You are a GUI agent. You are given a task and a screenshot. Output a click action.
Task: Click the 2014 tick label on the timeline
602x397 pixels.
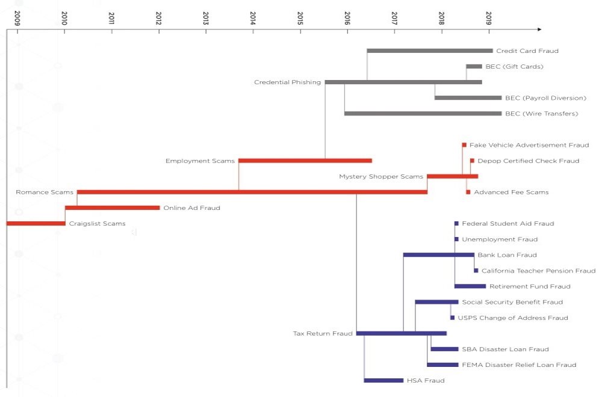pos(253,18)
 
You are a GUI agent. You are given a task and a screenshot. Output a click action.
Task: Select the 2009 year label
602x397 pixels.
pos(17,18)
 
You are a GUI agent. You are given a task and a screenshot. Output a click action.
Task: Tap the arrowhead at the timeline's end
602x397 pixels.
pos(539,29)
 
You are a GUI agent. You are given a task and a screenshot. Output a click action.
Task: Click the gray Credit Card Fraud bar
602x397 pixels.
pos(429,51)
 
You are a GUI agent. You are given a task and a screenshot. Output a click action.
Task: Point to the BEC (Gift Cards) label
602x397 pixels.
pos(514,67)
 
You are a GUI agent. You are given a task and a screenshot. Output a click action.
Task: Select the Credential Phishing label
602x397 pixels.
pos(287,82)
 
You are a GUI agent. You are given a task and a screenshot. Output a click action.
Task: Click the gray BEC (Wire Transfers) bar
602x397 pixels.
pos(423,114)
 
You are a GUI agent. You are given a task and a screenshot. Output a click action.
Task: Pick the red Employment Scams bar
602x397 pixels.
pos(305,161)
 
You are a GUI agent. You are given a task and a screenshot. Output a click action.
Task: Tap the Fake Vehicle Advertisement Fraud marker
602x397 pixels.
pos(464,145)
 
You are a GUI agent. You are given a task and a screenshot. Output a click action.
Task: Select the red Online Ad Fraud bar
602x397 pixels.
pos(112,208)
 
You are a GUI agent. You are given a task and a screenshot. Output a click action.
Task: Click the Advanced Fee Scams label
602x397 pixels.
pos(511,192)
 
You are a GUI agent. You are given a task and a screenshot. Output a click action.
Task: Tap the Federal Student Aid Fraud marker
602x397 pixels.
pos(456,224)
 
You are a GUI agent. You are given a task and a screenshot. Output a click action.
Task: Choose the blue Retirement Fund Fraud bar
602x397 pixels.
pos(470,286)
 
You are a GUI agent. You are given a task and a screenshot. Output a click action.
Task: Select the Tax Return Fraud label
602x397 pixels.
pos(323,333)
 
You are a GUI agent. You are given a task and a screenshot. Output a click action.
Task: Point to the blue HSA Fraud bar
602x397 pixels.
pos(383,380)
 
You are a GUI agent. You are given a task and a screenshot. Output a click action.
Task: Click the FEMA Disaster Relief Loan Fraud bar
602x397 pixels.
pos(442,365)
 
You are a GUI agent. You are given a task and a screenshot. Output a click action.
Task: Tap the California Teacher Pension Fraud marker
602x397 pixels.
pos(476,271)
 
